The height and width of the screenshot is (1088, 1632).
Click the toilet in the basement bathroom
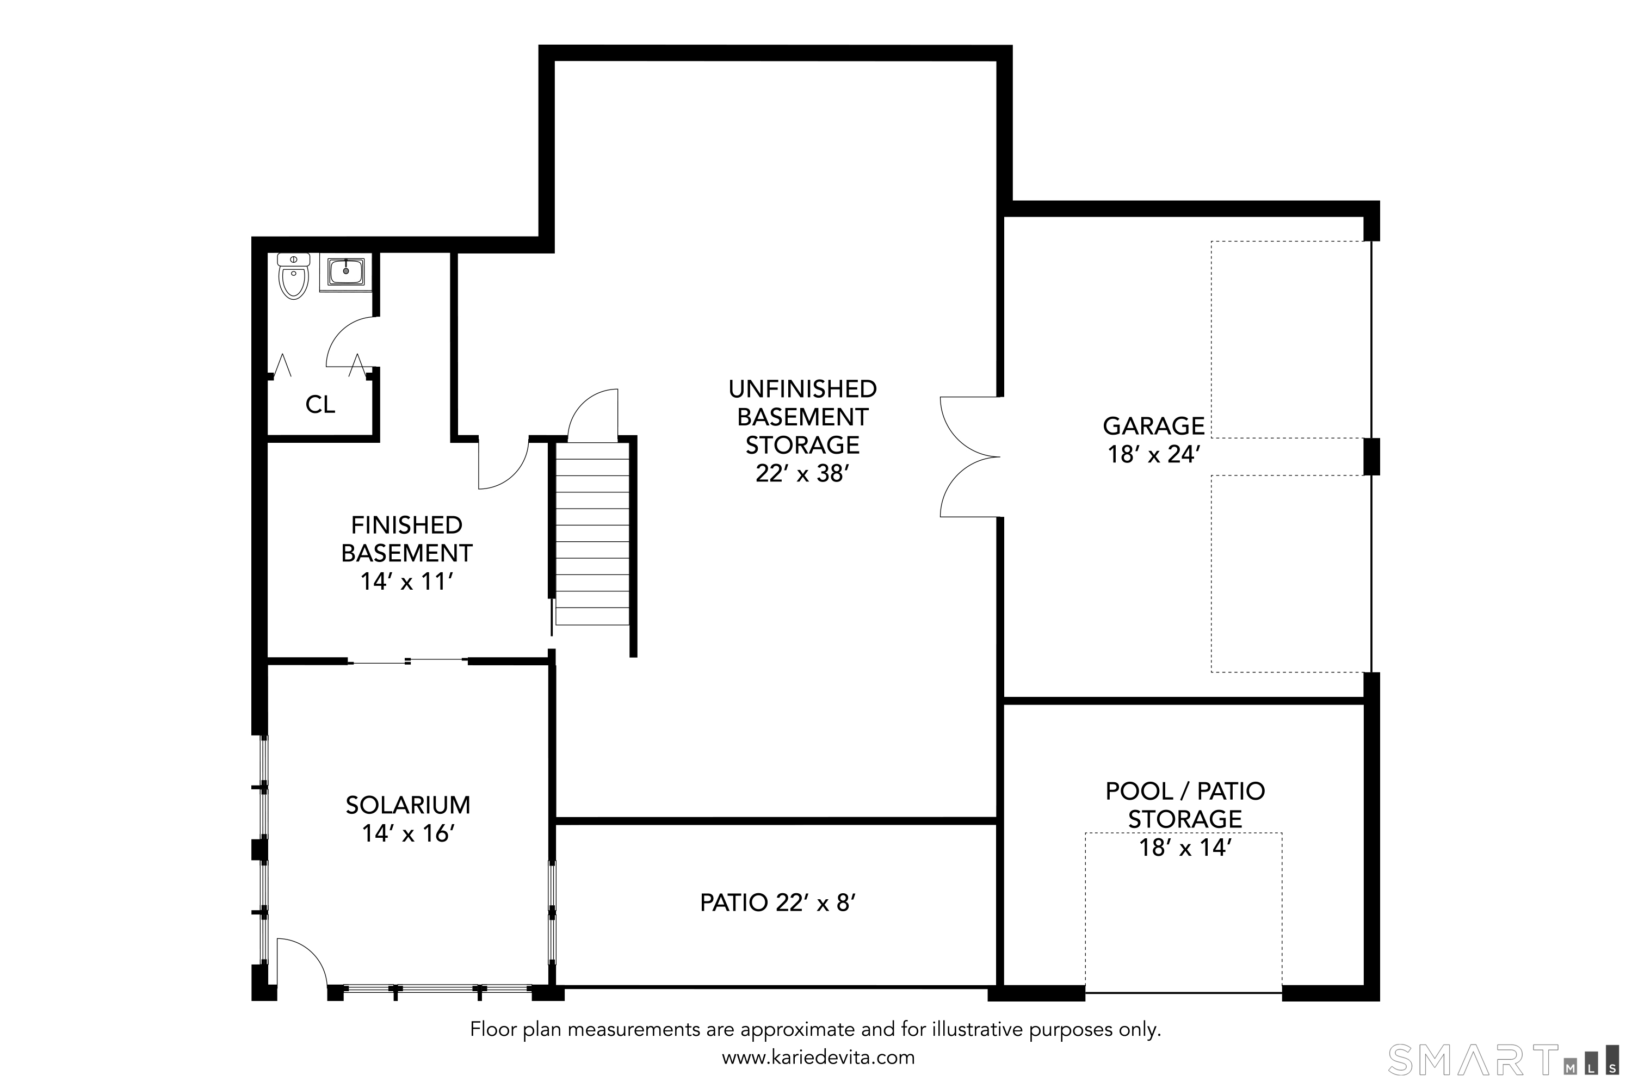294,276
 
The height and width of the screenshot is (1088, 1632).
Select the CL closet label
320,405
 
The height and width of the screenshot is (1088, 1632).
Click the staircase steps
592,534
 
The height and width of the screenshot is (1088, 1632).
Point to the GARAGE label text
1154,425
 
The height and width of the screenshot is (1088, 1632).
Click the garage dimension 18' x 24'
1154,454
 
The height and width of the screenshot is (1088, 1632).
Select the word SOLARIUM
408,805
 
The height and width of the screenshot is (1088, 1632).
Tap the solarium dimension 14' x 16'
408,833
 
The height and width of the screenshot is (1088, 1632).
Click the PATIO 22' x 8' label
778,902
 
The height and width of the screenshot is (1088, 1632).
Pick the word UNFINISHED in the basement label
803,388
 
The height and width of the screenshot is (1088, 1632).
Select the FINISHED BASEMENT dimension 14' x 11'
406,582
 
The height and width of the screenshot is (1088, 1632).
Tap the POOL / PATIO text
1185,791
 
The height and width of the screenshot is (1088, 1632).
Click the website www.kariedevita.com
818,1058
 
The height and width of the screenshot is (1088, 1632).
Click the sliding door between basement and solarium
407,662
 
